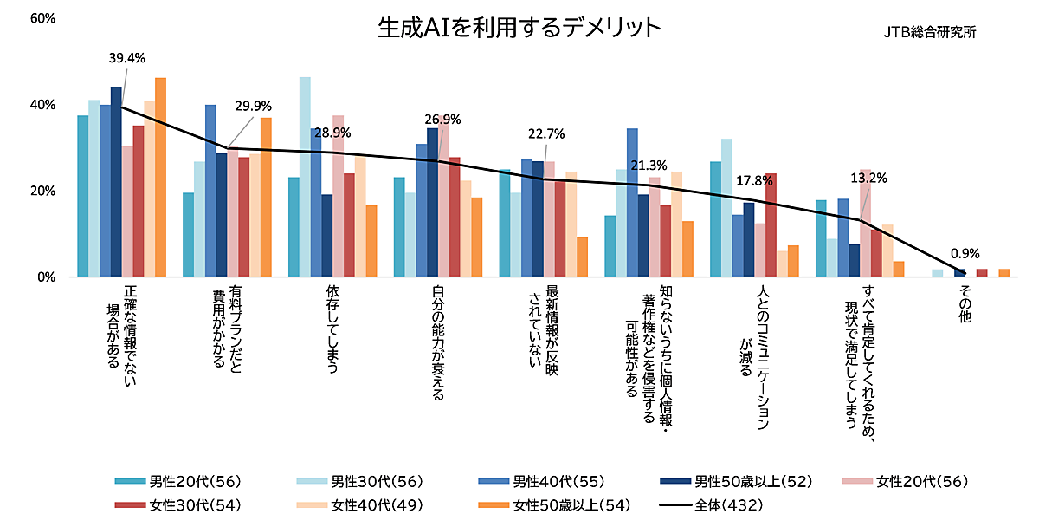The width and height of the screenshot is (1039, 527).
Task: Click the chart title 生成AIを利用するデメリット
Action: coord(519,28)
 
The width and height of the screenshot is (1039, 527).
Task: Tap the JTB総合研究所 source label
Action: coord(929,32)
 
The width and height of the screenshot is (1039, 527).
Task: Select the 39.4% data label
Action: coord(126,58)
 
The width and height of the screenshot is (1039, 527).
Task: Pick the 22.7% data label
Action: coord(546,133)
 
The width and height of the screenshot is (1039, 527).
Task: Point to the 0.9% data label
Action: coord(965,254)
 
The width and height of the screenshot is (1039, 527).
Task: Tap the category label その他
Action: coord(965,306)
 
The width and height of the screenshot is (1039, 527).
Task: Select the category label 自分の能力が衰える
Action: coord(439,342)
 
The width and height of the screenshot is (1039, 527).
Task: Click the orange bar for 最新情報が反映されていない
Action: coord(582,257)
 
